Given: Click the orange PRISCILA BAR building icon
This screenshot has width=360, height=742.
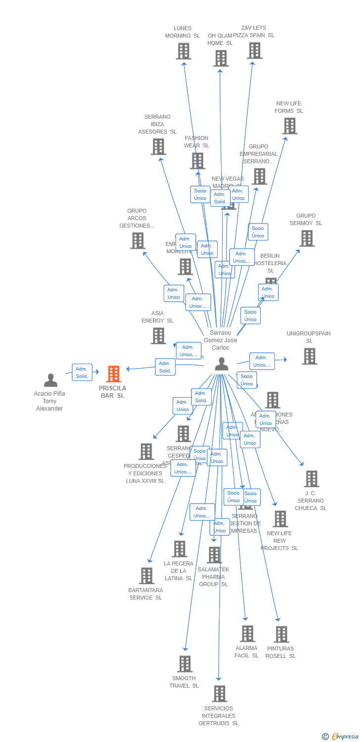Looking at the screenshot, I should (114, 374).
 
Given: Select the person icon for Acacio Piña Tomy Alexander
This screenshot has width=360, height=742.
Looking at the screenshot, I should (50, 380).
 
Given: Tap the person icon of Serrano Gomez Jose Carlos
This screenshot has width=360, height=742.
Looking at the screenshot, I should (222, 364).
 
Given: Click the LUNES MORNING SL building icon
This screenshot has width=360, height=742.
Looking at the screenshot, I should (183, 51).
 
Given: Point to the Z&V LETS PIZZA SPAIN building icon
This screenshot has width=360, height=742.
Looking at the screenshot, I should (254, 50).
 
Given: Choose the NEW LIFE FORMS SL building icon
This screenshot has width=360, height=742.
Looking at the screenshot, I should (290, 126).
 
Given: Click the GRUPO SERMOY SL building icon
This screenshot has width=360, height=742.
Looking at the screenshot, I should (307, 238).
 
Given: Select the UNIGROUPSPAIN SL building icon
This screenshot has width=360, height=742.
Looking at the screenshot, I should (310, 356).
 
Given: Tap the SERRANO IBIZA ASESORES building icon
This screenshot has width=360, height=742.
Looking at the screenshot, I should (158, 146).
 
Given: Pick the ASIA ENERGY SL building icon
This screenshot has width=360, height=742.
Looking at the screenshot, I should (158, 336).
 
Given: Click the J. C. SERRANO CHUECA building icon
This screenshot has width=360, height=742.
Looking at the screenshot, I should (312, 478).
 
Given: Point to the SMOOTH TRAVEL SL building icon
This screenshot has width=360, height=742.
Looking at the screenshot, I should (184, 663).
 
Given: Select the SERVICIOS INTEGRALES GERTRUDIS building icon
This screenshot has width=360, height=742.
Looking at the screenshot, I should (220, 694).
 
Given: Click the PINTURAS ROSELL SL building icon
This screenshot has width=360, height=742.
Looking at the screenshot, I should (281, 634).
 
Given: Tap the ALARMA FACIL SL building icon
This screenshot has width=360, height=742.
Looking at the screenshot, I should (247, 633).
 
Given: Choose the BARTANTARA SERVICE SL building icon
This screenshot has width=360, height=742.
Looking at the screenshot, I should (146, 575).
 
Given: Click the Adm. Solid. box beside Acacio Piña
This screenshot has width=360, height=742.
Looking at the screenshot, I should (82, 372).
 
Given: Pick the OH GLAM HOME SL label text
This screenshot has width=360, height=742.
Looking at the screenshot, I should (220, 39).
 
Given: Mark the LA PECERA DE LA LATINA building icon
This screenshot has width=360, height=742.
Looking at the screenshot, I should (180, 549).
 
